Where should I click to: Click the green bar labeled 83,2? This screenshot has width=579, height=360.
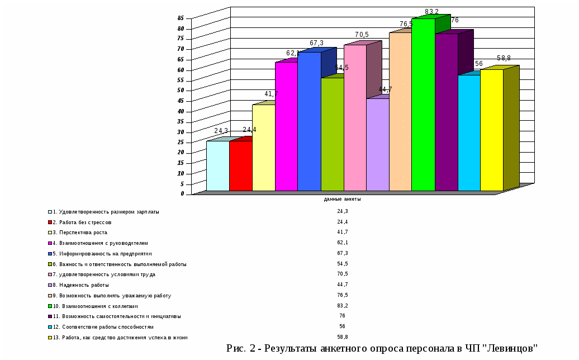tap(423, 106)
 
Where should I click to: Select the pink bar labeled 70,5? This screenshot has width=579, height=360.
tap(355, 117)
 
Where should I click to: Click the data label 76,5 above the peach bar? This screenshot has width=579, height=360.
tap(406, 25)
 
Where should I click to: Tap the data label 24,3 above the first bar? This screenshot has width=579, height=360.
tap(221, 131)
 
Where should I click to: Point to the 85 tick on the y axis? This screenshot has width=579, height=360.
tap(181, 18)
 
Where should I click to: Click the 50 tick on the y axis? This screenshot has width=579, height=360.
tap(181, 91)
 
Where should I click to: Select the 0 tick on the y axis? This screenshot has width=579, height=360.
tap(182, 194)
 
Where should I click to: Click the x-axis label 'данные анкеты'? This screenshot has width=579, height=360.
tap(342, 200)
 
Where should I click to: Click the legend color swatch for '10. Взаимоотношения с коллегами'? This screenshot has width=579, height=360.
tap(50, 306)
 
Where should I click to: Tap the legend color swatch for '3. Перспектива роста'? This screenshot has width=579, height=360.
tap(50, 233)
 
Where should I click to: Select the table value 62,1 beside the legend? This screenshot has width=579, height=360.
tap(343, 243)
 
